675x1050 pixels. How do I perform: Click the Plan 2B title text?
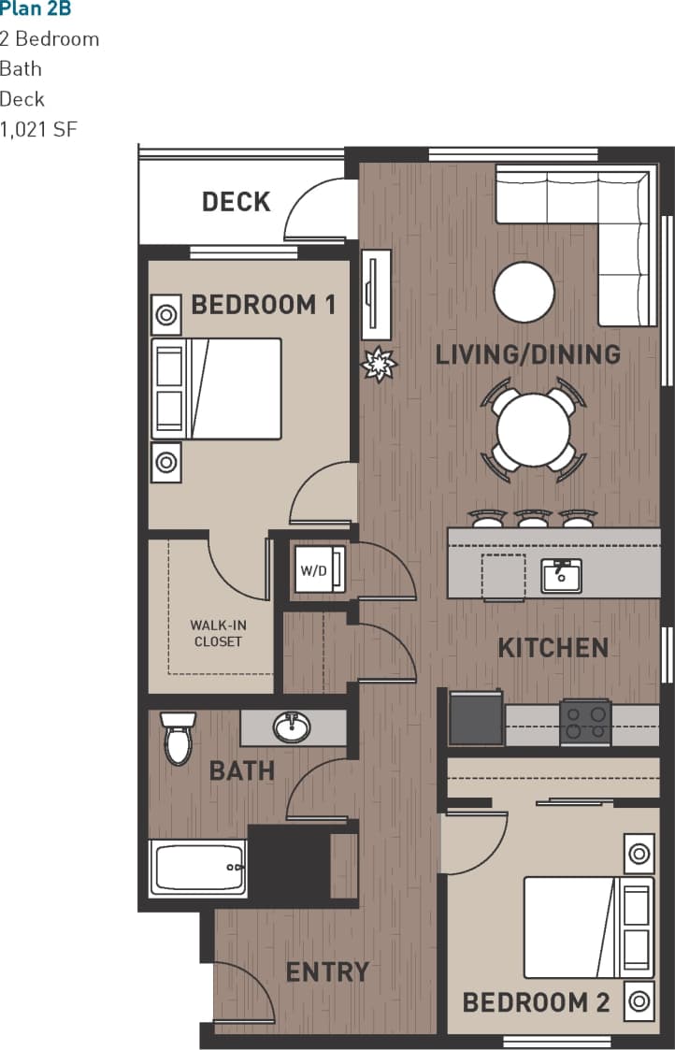(x=36, y=9)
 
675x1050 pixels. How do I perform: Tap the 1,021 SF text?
(x=38, y=129)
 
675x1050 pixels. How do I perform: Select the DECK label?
(x=236, y=202)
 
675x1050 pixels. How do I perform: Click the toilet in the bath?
(x=178, y=738)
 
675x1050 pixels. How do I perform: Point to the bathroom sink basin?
(x=293, y=727)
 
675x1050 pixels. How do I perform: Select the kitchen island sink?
(x=561, y=576)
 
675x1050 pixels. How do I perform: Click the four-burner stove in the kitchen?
(x=585, y=722)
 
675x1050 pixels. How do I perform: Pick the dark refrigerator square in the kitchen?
(x=476, y=718)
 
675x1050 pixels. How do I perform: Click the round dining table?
(x=533, y=430)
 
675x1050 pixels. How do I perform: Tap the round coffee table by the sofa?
(x=524, y=292)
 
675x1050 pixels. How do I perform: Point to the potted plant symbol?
(x=380, y=364)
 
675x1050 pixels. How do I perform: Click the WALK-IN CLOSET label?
(x=217, y=633)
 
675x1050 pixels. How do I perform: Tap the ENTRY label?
(x=327, y=971)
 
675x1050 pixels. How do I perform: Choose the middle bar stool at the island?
(x=533, y=518)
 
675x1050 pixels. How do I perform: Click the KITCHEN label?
(x=553, y=647)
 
